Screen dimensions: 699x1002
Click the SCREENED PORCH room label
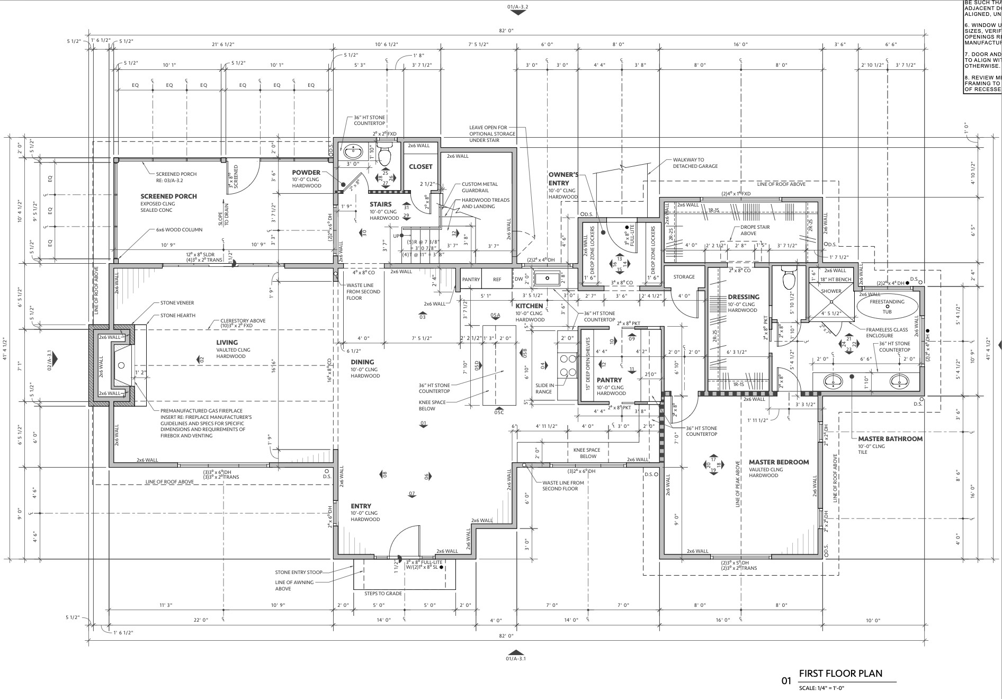(168, 196)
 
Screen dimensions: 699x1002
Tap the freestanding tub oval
(887, 307)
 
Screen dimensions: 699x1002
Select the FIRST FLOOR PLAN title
(840, 674)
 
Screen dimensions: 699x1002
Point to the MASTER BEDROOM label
(779, 462)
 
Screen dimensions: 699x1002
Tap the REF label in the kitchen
(497, 280)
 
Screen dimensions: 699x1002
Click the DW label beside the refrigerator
(518, 280)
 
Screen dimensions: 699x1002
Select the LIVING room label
(227, 343)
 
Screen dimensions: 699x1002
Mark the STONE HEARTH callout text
(177, 316)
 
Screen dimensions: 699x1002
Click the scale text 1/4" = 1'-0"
(821, 688)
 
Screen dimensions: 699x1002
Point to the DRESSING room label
(743, 297)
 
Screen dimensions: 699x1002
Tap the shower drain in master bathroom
(831, 302)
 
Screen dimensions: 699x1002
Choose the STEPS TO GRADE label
(383, 593)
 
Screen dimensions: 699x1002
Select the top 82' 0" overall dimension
(506, 31)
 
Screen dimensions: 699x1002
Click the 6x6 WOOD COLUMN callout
(179, 230)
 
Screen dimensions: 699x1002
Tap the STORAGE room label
(684, 277)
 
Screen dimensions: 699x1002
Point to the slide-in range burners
(568, 365)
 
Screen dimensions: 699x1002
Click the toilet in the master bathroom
(789, 278)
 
